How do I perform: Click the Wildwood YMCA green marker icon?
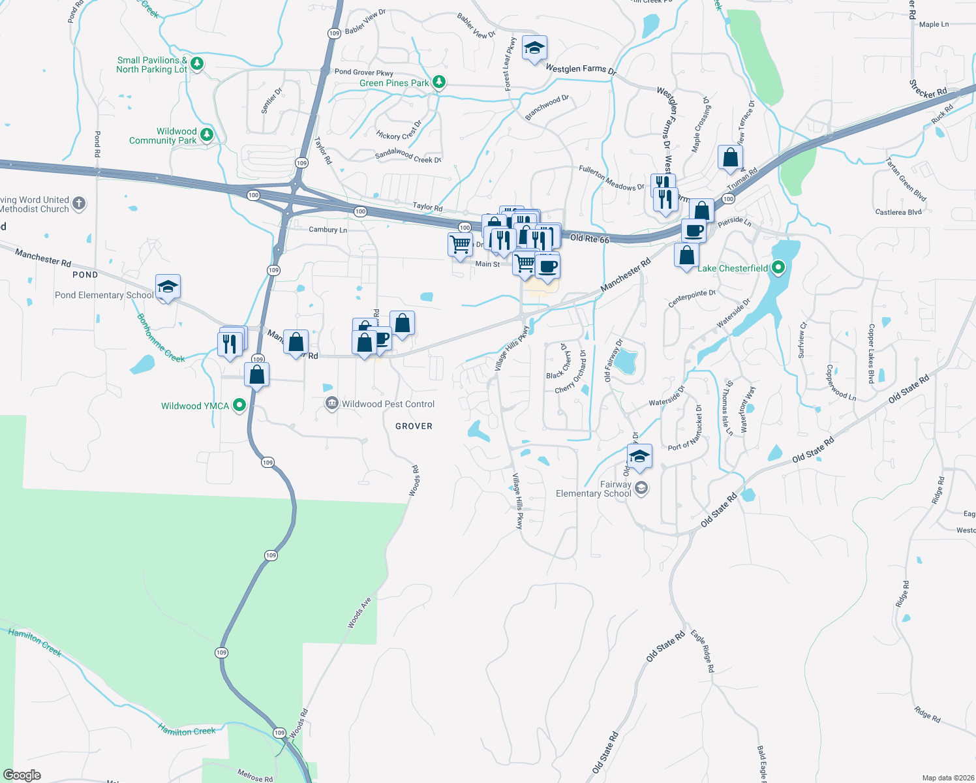click(x=239, y=405)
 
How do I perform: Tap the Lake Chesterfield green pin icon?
click(x=778, y=268)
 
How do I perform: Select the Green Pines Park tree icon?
click(x=439, y=82)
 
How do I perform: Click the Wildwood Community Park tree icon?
click(x=207, y=134)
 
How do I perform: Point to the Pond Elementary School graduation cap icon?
click(x=168, y=286)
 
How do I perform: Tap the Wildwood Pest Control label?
click(x=388, y=404)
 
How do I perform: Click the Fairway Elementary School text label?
click(x=594, y=489)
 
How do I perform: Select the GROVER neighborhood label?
click(x=414, y=426)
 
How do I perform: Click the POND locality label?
click(x=85, y=275)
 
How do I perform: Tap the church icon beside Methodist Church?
click(x=79, y=204)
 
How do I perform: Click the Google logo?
click(x=22, y=775)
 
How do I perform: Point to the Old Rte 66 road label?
click(x=590, y=239)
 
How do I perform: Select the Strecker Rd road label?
click(x=928, y=89)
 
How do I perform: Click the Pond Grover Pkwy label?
click(x=364, y=72)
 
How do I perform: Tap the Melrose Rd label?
click(x=254, y=775)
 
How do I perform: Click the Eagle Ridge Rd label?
click(x=703, y=651)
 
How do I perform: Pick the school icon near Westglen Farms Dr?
click(x=534, y=48)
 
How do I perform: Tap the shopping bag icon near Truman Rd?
click(x=730, y=157)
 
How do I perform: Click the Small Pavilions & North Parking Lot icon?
click(x=197, y=64)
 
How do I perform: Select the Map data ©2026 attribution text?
click(x=945, y=778)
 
